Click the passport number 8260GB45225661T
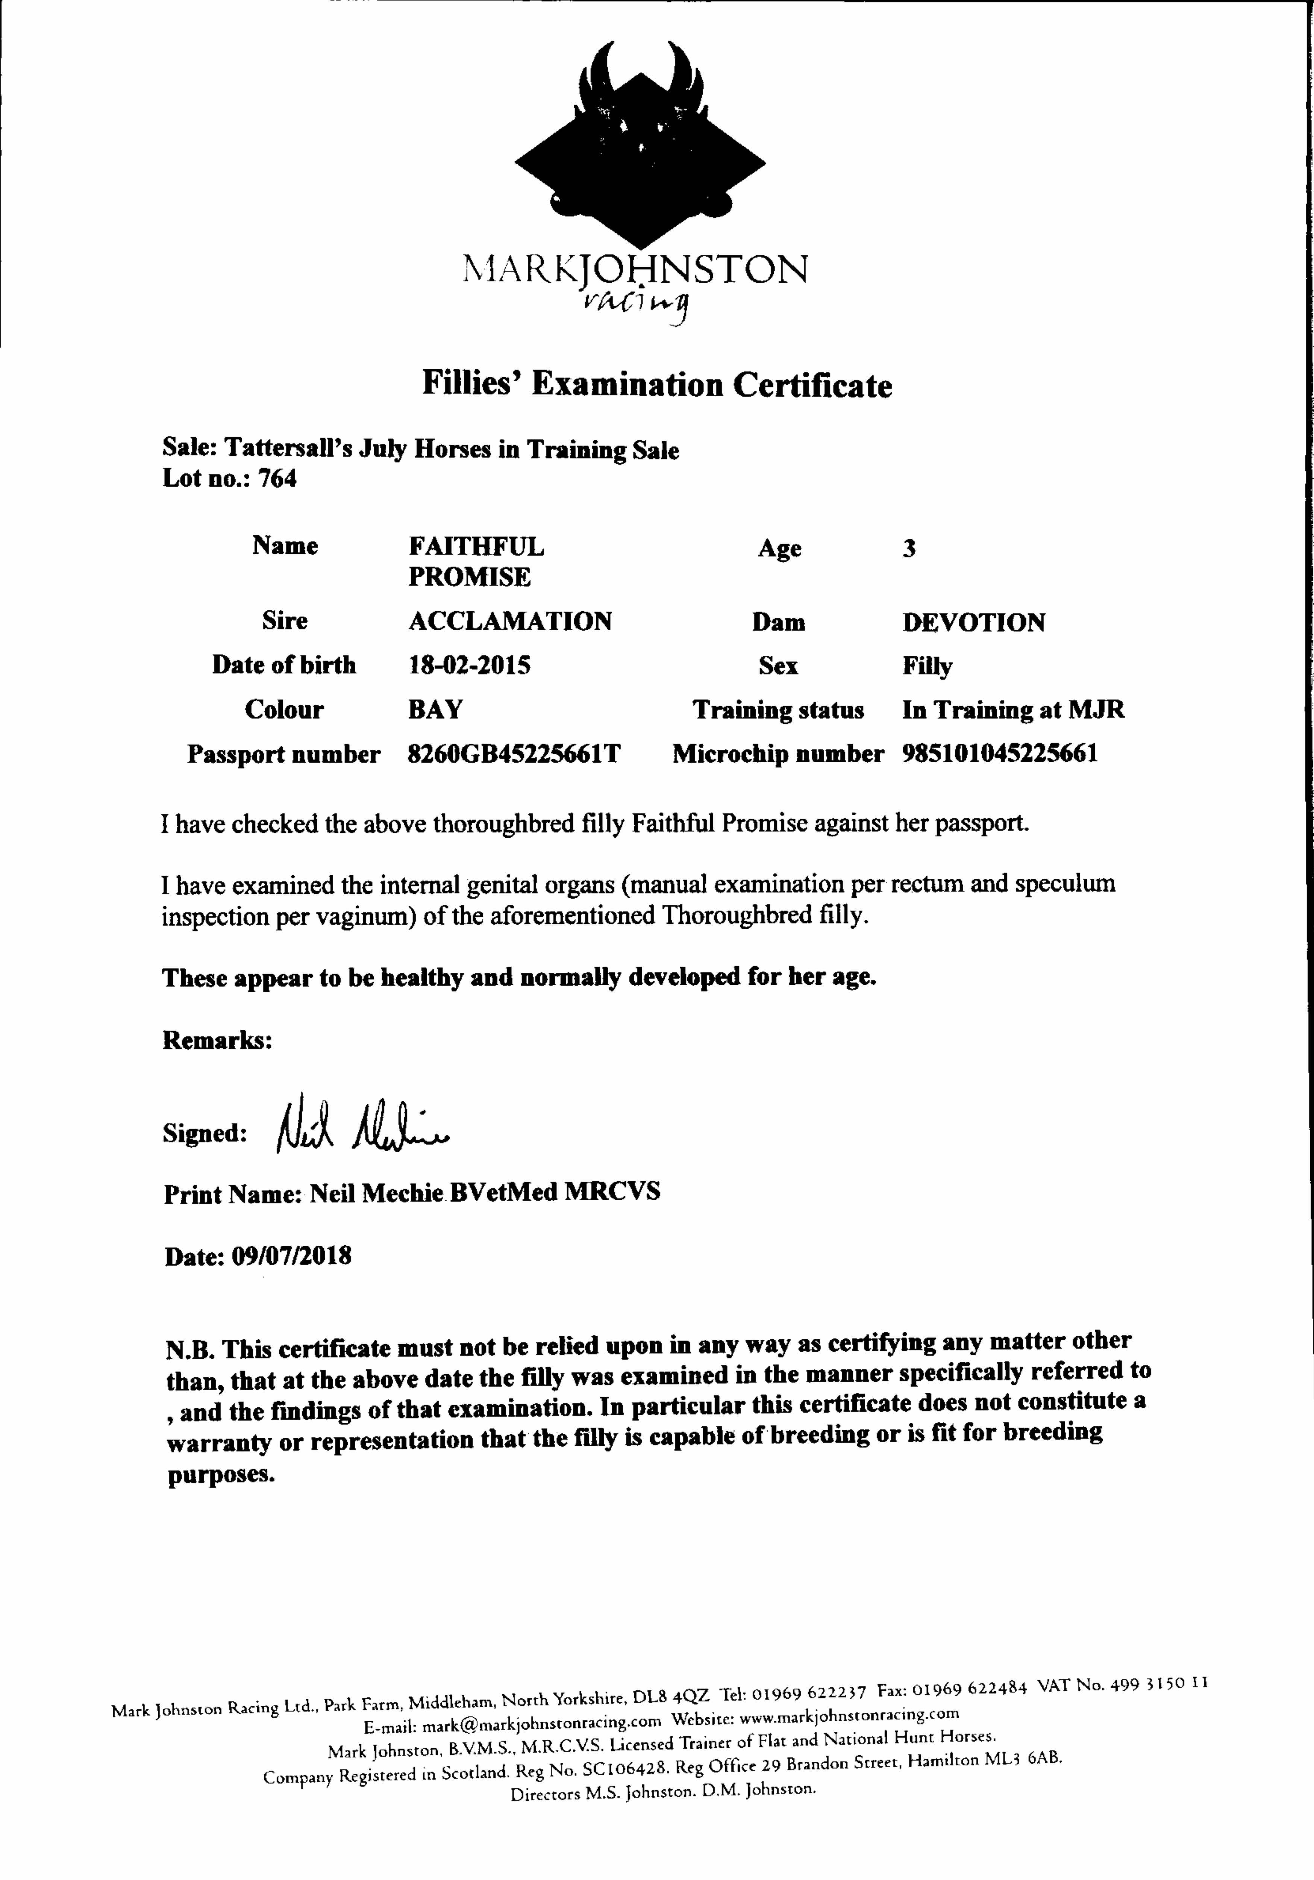pos(513,753)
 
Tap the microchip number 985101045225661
pos(1000,753)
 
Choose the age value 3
pos(909,549)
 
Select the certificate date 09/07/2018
pos(292,1256)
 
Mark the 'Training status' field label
pos(778,710)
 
